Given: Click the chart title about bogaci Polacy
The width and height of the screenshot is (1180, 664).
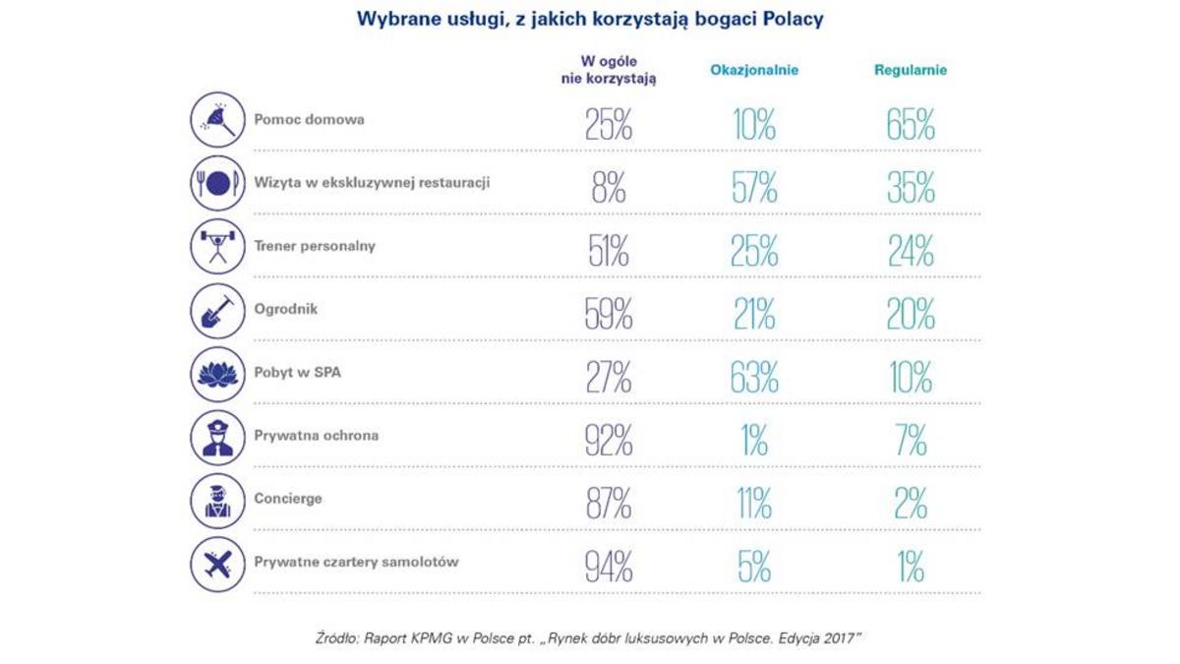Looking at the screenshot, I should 590,20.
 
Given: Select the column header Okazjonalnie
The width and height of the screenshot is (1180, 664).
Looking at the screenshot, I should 754,71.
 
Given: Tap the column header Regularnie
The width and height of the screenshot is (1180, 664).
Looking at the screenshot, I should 911,71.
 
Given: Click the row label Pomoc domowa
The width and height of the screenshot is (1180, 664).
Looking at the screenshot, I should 309,120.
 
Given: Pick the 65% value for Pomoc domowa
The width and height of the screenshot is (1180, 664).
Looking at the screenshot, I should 911,126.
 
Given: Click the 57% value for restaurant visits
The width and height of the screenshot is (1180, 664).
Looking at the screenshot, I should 754,189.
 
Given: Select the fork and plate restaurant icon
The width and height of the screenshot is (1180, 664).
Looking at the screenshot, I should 217,183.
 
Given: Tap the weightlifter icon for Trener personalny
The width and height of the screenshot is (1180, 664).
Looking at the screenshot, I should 217,246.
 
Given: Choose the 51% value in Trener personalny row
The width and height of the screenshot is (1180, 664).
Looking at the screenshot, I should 609,252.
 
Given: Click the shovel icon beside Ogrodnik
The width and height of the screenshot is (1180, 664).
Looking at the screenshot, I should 217,310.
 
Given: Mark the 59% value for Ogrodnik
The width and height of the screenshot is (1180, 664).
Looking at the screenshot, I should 609,315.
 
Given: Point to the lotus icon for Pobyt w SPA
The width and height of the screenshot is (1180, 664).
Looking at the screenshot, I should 217,373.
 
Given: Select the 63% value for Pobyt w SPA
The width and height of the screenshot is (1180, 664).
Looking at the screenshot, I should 754,378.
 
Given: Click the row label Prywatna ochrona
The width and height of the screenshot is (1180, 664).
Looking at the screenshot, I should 316,436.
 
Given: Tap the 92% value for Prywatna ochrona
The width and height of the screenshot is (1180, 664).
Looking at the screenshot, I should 609,441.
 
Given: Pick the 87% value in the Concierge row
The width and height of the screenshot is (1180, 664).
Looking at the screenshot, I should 609,504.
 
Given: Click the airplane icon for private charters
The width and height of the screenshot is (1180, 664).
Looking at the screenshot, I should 217,563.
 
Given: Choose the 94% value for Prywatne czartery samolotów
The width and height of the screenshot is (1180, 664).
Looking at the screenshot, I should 609,568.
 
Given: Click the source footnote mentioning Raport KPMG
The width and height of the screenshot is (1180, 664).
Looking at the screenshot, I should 589,639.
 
